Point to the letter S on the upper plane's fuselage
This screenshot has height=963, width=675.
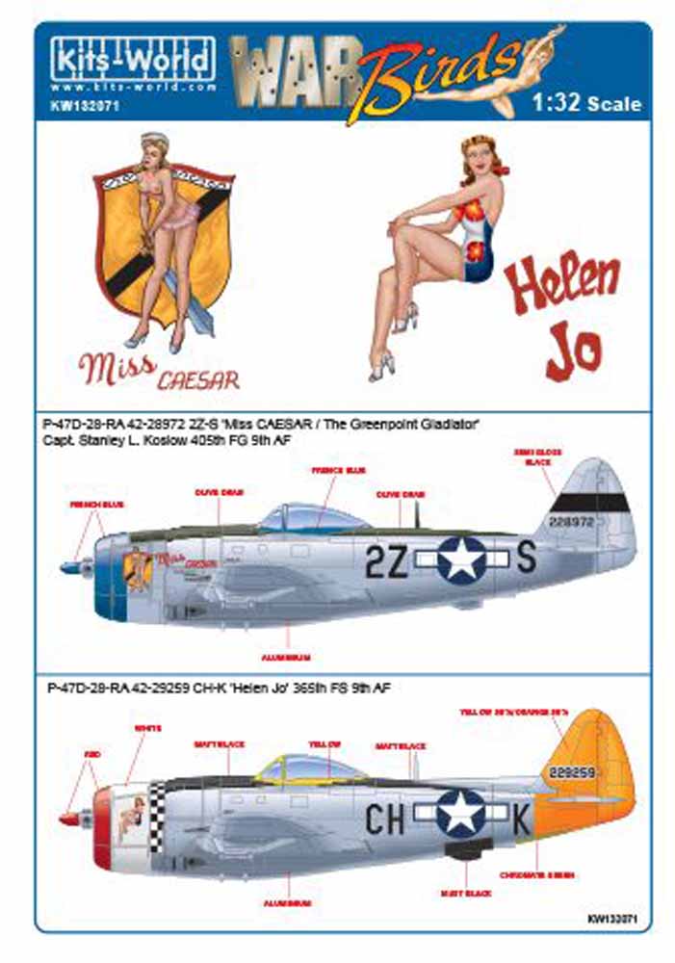pos(527,559)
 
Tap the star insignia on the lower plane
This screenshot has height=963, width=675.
pos(460,813)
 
